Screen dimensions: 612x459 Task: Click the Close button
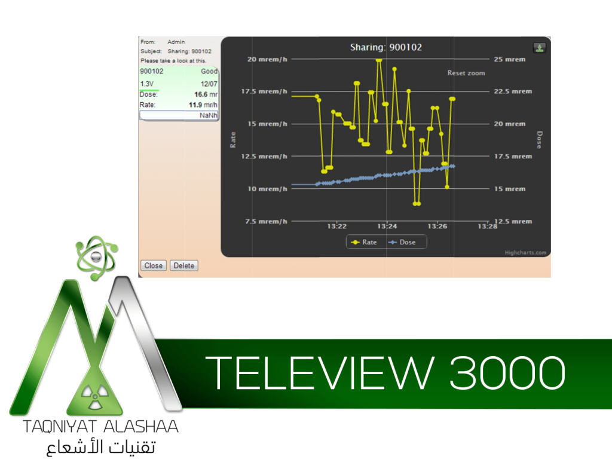(154, 265)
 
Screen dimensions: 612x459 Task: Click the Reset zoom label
(466, 73)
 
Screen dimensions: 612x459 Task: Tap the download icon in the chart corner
(540, 48)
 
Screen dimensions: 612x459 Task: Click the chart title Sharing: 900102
(385, 47)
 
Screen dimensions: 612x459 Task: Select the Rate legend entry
(364, 242)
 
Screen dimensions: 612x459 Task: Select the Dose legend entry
(402, 242)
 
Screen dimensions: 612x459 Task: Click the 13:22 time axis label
(336, 226)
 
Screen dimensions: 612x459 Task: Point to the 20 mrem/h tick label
(267, 59)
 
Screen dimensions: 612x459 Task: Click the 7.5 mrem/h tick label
(266, 221)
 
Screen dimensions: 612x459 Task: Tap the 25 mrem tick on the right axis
(509, 59)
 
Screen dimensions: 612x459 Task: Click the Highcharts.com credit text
(525, 253)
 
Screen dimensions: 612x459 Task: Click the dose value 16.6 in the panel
(201, 94)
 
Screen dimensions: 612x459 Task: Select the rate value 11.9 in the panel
(195, 105)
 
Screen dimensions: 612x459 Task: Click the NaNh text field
(179, 115)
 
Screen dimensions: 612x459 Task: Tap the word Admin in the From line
(176, 42)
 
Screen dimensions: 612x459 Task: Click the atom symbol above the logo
(96, 258)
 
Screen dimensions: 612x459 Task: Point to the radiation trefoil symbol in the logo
(95, 397)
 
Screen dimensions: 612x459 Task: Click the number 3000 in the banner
(508, 373)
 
